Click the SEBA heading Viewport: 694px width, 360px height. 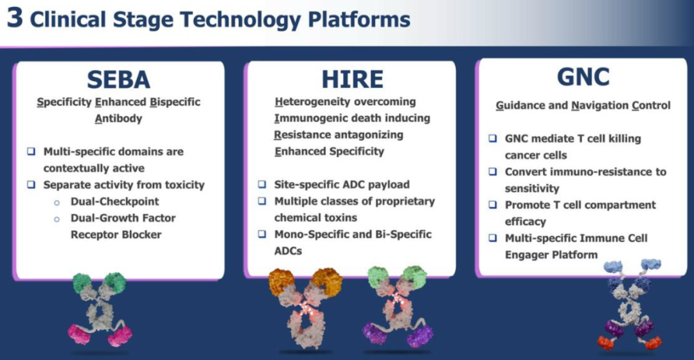119,80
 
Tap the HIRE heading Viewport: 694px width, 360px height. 352,79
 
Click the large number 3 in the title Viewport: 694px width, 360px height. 15,18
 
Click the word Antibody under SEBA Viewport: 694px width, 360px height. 118,119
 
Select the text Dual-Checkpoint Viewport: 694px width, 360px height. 114,201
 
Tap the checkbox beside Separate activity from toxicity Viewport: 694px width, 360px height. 31,184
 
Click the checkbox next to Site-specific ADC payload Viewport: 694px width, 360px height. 262,184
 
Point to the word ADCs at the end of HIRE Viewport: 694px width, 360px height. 288,251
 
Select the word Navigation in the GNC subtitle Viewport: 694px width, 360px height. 600,106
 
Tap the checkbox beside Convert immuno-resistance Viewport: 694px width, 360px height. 493,172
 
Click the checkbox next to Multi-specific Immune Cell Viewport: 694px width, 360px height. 493,238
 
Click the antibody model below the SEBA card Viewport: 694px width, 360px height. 100,309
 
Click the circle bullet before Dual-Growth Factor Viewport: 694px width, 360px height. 57,219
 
